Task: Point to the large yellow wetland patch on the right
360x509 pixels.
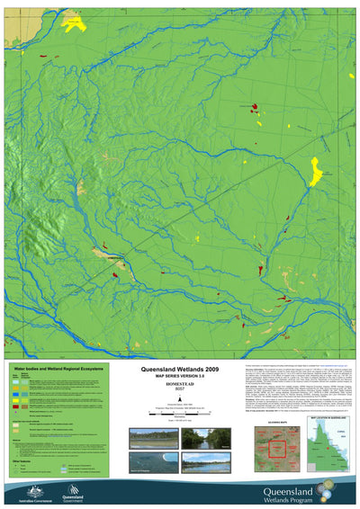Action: click(316, 170)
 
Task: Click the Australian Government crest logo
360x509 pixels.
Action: click(27, 491)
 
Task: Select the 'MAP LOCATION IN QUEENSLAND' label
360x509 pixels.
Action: click(329, 419)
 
